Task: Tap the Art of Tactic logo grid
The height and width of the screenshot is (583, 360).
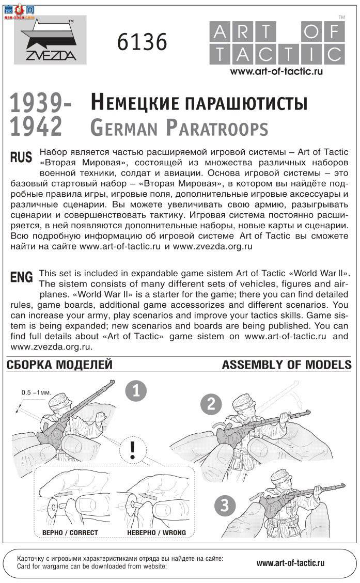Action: pyautogui.click(x=277, y=43)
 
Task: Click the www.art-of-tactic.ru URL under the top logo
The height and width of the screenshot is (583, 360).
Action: pyautogui.click(x=276, y=71)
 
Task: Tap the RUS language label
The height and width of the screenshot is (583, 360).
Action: pyautogui.click(x=21, y=157)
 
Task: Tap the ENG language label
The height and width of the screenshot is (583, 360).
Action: pyautogui.click(x=21, y=277)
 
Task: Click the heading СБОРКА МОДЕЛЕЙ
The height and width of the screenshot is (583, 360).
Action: pyautogui.click(x=59, y=365)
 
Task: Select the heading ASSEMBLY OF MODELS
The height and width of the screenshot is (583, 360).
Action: pyautogui.click(x=287, y=365)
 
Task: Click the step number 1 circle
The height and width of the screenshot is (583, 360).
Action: pyautogui.click(x=136, y=390)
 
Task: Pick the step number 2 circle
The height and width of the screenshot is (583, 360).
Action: pyautogui.click(x=211, y=404)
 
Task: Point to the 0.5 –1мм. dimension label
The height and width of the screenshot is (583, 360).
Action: pyautogui.click(x=36, y=392)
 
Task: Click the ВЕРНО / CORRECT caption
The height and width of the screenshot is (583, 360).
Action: pyautogui.click(x=70, y=532)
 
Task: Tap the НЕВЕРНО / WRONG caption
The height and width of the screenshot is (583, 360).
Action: pyautogui.click(x=156, y=532)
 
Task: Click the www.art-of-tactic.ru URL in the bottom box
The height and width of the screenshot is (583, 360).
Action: pyautogui.click(x=290, y=563)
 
